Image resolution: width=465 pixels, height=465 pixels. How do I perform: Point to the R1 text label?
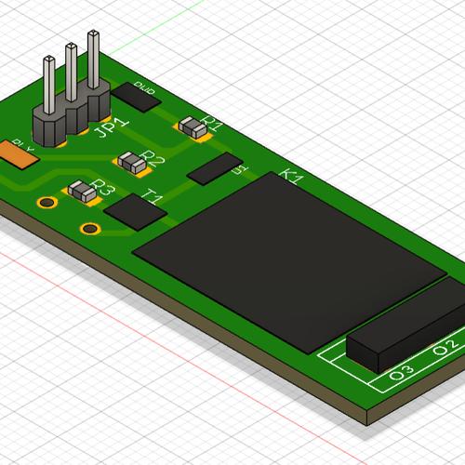pyautogui.click(x=213, y=122)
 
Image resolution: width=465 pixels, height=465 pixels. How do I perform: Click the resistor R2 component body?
pyautogui.click(x=135, y=164)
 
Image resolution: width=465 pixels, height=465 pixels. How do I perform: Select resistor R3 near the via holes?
pyautogui.click(x=83, y=193)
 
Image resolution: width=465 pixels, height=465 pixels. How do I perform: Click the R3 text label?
pyautogui.click(x=103, y=191)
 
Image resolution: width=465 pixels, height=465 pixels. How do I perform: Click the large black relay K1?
pyautogui.click(x=288, y=260)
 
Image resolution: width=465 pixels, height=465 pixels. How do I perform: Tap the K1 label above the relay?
pyautogui.click(x=291, y=177)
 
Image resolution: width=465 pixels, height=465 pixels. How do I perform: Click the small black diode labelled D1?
pyautogui.click(x=213, y=168)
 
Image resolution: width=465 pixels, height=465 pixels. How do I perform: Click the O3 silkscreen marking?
pyautogui.click(x=401, y=373)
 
